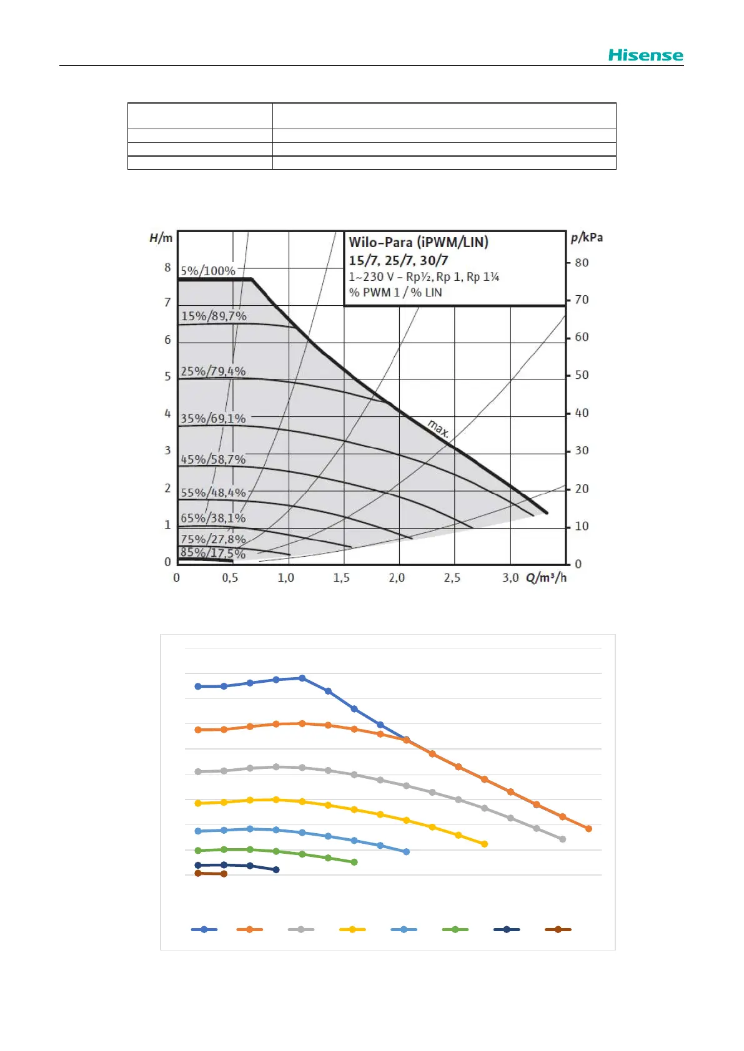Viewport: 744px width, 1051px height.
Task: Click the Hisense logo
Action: point(645,55)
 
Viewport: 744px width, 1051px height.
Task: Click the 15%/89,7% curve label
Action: point(214,316)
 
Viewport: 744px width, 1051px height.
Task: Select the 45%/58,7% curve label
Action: point(213,459)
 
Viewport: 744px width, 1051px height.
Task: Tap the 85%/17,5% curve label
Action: point(212,553)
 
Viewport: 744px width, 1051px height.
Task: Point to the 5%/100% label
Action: point(208,271)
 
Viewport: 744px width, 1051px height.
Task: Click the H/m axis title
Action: point(161,238)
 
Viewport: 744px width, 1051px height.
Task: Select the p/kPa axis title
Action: point(587,237)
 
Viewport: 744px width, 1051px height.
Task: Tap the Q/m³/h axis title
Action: point(547,577)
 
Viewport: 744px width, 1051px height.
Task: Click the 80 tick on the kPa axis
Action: point(582,263)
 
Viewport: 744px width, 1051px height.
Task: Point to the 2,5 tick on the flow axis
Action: point(452,578)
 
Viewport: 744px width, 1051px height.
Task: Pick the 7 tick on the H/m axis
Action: point(167,303)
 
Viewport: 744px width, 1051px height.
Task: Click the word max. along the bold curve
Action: point(439,428)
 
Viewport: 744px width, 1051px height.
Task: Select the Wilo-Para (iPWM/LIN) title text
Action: point(419,242)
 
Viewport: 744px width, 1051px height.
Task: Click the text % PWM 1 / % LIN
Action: point(395,293)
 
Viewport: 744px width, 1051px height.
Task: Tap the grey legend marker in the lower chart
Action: point(301,929)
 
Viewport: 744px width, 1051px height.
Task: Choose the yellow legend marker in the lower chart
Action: point(352,929)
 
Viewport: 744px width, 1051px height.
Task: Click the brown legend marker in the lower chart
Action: point(558,929)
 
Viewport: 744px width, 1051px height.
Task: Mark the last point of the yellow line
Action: point(485,844)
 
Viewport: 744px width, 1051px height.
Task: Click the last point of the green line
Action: point(354,862)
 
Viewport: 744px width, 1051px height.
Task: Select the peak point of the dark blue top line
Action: point(302,678)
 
